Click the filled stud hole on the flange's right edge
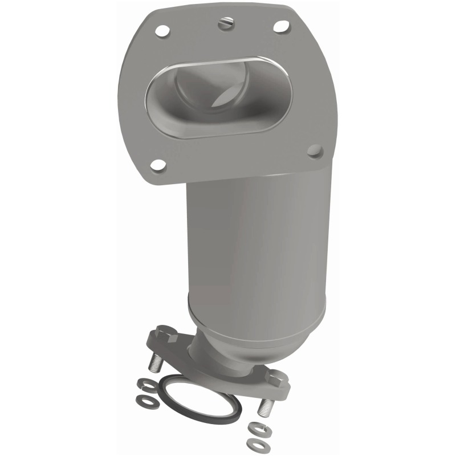click(x=315, y=151)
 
